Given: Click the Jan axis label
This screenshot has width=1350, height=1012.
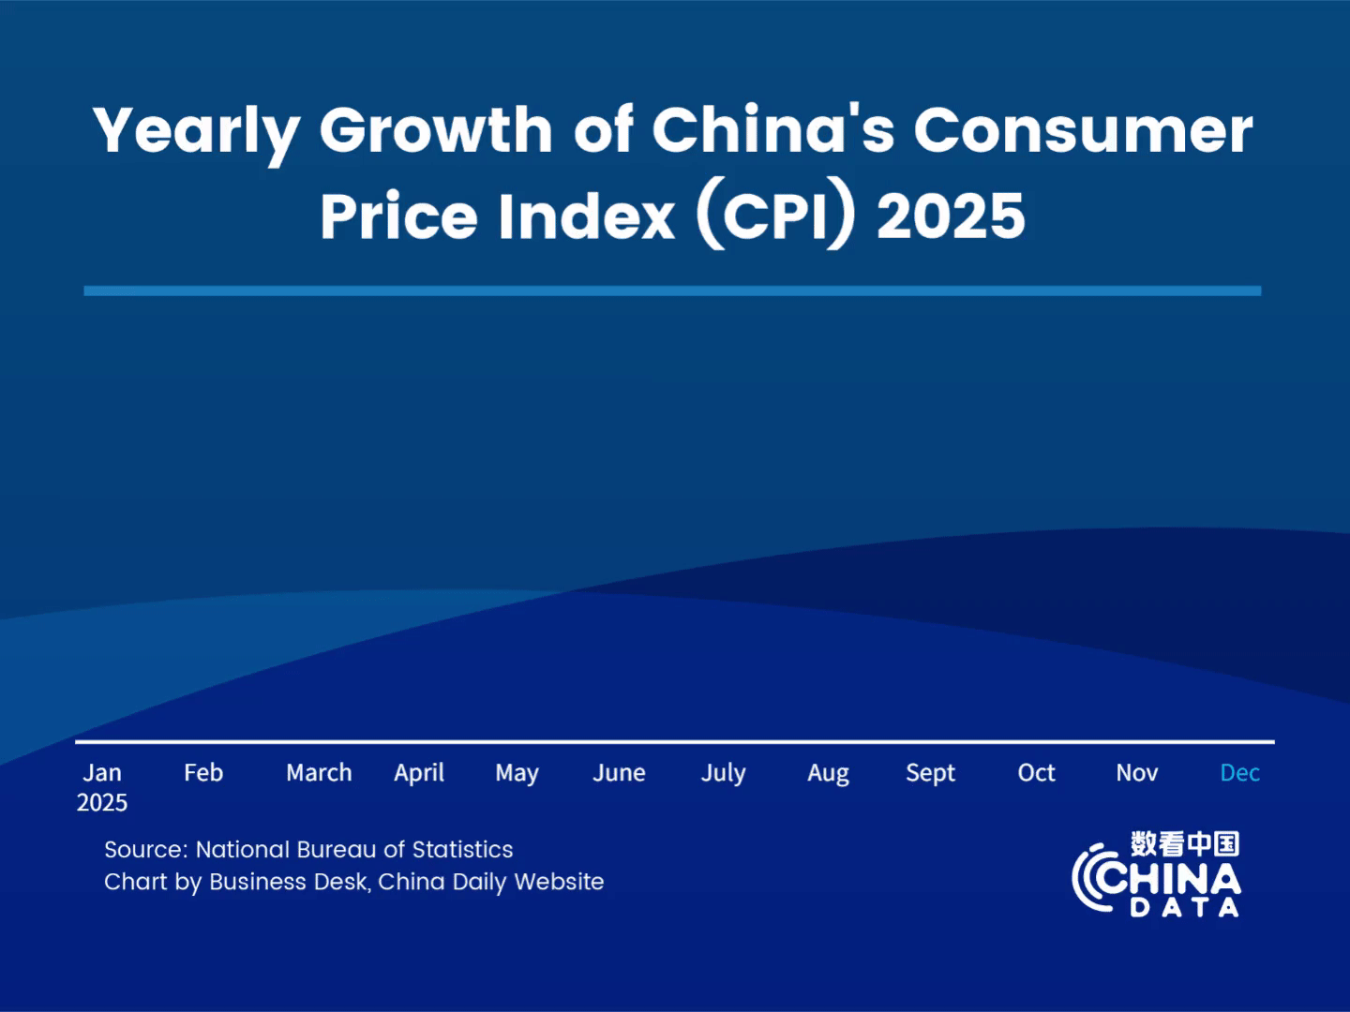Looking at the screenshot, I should [x=102, y=773].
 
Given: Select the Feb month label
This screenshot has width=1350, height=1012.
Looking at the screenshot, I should [x=203, y=773].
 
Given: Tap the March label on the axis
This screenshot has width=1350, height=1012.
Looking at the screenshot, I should [x=319, y=773].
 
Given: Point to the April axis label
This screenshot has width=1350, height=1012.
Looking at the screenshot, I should [x=419, y=774].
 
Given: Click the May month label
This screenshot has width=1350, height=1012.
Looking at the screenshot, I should [x=517, y=774].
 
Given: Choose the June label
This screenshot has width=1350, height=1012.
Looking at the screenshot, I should [x=619, y=773].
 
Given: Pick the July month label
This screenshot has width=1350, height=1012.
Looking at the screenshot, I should [x=723, y=774].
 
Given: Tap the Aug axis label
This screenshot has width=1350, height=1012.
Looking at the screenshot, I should [x=828, y=774].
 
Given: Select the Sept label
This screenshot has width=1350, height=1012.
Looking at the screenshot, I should [x=930, y=774].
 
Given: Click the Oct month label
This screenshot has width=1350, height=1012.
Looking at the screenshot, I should [x=1036, y=773].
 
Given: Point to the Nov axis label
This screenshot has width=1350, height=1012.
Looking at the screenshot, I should [x=1136, y=773].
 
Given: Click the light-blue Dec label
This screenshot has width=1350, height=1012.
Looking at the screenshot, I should [x=1239, y=773].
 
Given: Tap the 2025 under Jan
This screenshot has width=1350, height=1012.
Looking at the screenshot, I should [x=102, y=803].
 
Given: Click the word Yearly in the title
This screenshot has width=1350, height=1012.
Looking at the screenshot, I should [x=196, y=131].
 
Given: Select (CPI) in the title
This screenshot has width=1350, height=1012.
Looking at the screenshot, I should [x=776, y=216].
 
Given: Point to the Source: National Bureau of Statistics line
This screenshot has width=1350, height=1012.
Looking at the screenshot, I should [x=308, y=850].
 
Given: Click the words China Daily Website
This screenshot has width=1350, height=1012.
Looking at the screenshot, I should [x=490, y=882].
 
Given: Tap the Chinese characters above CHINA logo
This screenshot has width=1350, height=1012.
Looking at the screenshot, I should [x=1184, y=843].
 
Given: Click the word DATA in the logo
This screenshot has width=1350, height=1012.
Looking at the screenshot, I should [x=1184, y=907].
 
